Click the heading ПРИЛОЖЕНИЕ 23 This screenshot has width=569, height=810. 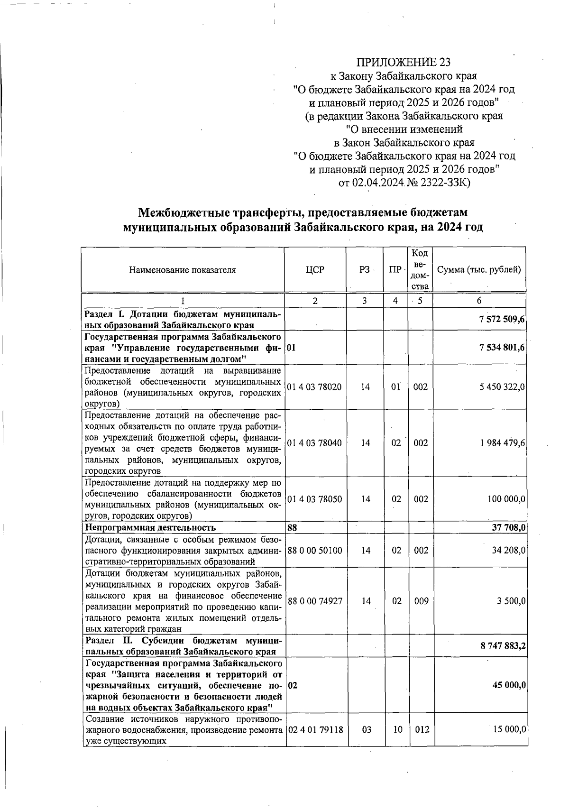pos(403,63)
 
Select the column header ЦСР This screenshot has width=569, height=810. pos(315,270)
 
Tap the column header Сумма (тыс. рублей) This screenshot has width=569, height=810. pos(479,270)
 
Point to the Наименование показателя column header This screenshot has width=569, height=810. pos(182,270)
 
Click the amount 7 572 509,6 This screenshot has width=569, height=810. pos(502,320)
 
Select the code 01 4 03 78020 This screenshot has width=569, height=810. pos(314,387)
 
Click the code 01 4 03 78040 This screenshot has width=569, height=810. pos(314,443)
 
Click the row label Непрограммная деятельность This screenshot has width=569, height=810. pos(150,527)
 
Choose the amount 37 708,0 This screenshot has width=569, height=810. pos(508,527)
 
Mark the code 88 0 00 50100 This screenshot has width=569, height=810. pos(314,551)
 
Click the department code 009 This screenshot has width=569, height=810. pos(421,601)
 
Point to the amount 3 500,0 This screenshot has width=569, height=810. pos(511,601)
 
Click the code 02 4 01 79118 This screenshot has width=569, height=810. pos(315,729)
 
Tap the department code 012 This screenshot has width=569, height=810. pos(422,729)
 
